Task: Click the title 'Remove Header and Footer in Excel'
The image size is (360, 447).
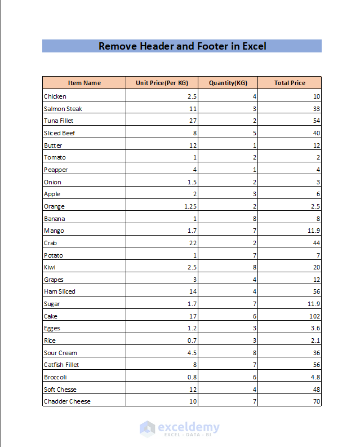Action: tap(182, 46)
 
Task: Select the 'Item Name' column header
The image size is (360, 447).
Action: tap(85, 83)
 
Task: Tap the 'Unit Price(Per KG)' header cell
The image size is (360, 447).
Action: tap(162, 83)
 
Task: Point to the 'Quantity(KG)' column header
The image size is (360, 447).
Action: tap(228, 83)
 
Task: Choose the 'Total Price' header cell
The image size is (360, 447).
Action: tap(290, 83)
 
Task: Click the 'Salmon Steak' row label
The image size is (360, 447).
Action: tap(63, 109)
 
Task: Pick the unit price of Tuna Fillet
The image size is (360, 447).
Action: tap(192, 121)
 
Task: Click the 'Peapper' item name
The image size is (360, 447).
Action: tap(56, 170)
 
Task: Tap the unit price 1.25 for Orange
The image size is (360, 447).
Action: tap(190, 206)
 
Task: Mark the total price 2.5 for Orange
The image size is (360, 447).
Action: tap(315, 206)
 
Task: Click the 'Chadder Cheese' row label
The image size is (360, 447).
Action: tap(67, 401)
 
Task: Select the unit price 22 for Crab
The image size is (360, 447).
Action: tap(192, 243)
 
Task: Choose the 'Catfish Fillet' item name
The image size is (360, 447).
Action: tap(61, 365)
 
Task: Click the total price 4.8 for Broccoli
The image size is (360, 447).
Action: tap(315, 377)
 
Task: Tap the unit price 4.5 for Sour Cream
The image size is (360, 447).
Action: tap(192, 353)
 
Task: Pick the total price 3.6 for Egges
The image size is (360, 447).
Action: tap(315, 328)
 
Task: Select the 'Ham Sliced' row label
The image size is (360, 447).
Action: tap(60, 291)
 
